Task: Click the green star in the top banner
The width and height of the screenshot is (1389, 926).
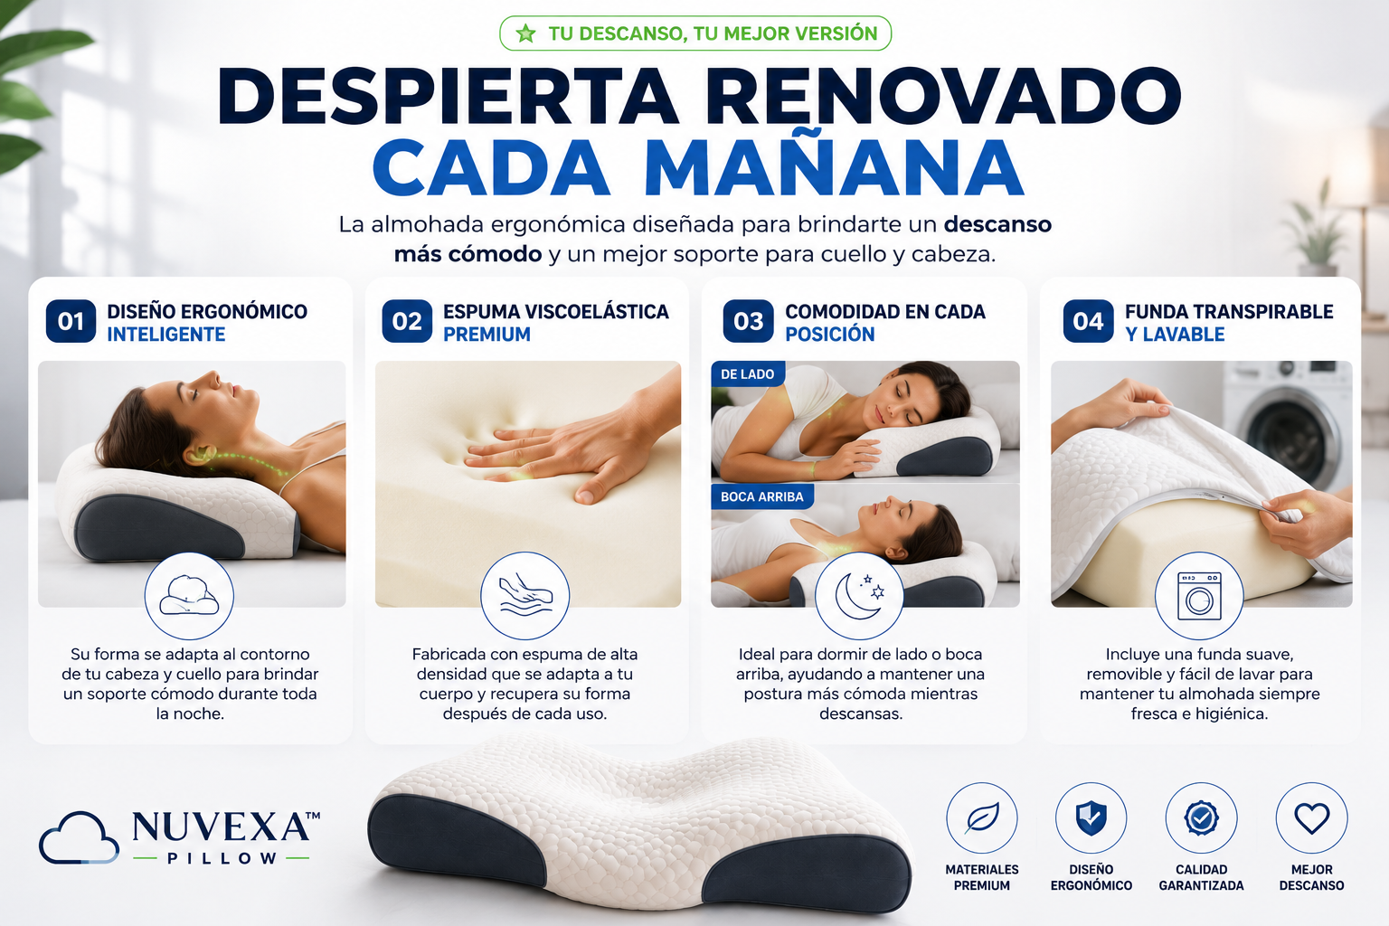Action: [x=525, y=33]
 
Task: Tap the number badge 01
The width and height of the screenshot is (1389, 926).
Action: [x=71, y=321]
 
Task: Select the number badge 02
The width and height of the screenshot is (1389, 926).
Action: [x=407, y=321]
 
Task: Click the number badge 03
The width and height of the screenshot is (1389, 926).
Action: [x=748, y=321]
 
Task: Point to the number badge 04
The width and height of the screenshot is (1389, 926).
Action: [x=1088, y=321]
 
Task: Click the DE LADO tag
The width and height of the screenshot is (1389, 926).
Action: [x=748, y=374]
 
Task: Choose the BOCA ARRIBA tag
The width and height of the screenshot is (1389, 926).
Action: [x=762, y=496]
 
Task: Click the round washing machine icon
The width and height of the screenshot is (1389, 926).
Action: [x=1199, y=595]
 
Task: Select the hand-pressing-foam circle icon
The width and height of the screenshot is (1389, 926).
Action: [x=525, y=595]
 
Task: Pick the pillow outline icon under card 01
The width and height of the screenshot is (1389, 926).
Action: [x=189, y=595]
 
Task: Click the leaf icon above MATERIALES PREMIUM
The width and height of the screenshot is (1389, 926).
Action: [x=981, y=818]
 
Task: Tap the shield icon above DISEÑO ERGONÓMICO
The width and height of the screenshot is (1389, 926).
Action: [x=1091, y=818]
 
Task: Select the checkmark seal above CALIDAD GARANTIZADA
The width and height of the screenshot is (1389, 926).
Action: [x=1201, y=818]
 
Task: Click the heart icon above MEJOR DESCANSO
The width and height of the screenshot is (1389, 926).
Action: [x=1311, y=818]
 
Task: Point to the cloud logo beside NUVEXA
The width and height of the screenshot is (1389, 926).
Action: [x=79, y=837]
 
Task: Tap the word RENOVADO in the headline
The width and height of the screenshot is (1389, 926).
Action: [x=942, y=96]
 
